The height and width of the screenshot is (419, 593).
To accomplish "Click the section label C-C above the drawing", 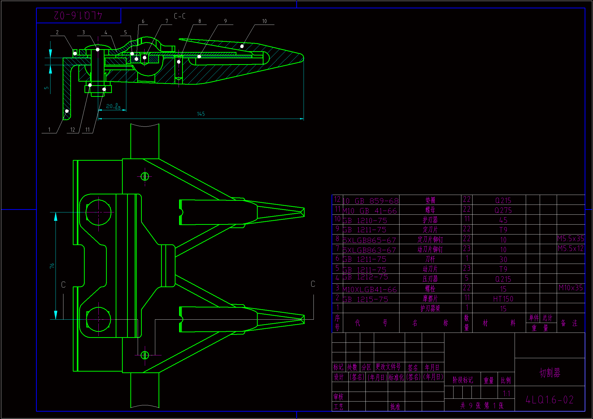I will (180, 16).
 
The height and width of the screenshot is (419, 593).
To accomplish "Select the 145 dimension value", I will (201, 114).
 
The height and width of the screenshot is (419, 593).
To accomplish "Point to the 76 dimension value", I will (52, 266).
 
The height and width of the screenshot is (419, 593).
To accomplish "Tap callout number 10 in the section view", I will (264, 21).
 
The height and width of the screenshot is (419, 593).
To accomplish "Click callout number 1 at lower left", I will (49, 130).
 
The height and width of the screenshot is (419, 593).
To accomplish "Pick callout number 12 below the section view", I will (73, 130).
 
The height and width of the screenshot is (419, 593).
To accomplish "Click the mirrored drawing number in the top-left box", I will (78, 15).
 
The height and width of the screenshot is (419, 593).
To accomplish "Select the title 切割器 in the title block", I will (550, 373).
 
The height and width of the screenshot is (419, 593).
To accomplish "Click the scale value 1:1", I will (506, 393).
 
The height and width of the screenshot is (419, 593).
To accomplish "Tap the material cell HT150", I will (503, 299).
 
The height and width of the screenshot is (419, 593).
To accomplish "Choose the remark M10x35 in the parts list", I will (570, 288).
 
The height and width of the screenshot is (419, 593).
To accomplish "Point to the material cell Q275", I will (503, 210).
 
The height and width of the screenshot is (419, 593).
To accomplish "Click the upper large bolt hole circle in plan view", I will (98, 212).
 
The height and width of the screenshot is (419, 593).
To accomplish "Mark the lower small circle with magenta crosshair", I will (145, 355).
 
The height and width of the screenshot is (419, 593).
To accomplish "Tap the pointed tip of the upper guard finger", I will (304, 212).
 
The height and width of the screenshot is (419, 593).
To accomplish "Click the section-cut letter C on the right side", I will (313, 284).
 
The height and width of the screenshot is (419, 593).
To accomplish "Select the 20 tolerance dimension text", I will (113, 106).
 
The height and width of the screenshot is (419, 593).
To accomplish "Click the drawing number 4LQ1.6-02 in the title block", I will (549, 400).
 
